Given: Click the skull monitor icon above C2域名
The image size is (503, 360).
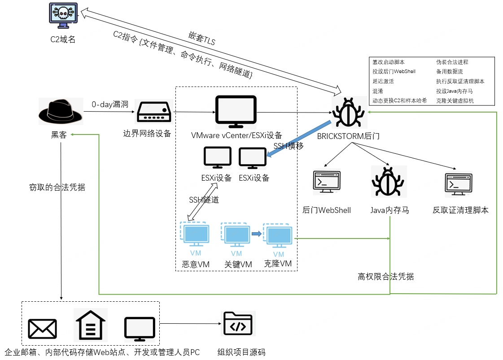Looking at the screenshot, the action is [63, 15].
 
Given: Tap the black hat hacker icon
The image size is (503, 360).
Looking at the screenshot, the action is [60, 111].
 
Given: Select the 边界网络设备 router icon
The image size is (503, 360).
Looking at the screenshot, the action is [154, 112].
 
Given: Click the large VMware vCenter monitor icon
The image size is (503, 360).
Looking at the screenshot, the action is [236, 112].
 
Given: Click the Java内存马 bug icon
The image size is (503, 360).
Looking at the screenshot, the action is [388, 182].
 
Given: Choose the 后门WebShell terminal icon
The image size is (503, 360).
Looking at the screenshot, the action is [327, 182].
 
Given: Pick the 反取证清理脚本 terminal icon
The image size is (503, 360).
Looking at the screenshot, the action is [459, 184].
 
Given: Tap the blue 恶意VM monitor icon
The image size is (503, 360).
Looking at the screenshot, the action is [195, 234].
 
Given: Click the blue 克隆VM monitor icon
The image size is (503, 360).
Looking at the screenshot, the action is [278, 236].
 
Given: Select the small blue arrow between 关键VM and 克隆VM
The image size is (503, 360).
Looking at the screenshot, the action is [257, 234].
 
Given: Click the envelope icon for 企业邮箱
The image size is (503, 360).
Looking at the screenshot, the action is [42, 329].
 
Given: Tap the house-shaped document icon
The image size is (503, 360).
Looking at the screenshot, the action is [91, 325].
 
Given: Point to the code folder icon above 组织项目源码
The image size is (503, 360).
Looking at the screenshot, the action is [238, 323].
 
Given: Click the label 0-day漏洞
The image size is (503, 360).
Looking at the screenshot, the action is [110, 104].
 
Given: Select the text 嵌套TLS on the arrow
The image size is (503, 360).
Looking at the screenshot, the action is [202, 39].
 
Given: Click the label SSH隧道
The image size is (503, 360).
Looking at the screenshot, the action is [204, 200].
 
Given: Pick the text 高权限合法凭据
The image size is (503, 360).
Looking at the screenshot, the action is [385, 276].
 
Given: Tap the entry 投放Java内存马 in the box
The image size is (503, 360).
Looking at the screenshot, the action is [454, 91].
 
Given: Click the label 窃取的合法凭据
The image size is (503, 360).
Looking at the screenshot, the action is [57, 187].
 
